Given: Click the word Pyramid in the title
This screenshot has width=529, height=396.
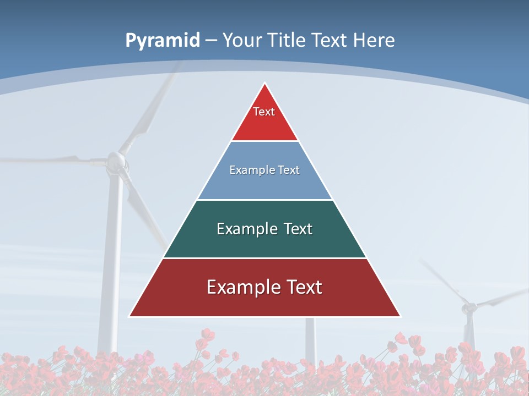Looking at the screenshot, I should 162,41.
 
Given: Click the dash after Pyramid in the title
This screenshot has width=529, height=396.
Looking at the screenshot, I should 211,41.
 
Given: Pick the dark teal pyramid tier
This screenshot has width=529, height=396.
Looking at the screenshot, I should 264,242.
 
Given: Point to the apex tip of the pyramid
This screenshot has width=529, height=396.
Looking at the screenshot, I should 265,84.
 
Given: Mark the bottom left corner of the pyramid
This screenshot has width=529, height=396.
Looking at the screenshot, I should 130,316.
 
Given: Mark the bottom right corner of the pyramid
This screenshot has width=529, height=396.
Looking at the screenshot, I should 400,316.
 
